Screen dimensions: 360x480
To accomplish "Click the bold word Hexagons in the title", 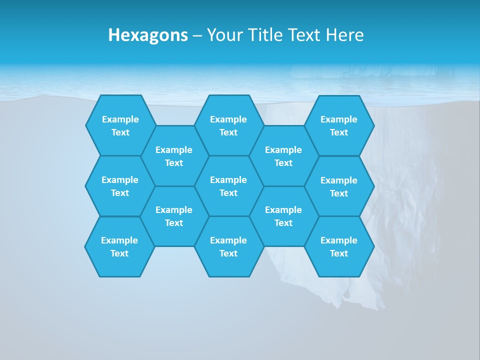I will click(148, 35).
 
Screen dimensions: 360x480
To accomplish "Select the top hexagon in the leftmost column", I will click(120, 125).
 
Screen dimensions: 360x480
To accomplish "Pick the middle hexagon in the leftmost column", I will click(120, 186).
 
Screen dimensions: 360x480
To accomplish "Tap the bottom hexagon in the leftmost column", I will click(119, 246).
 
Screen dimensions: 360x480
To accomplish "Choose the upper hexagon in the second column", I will click(174, 156).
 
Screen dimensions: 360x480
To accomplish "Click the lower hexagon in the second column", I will click(174, 216).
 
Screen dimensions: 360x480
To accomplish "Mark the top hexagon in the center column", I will click(228, 125).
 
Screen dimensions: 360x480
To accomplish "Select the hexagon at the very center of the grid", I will click(228, 186).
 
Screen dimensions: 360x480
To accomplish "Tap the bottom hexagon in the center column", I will click(228, 246).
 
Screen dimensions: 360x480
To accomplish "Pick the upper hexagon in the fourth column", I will click(283, 156).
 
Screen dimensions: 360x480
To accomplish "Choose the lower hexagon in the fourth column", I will click(283, 216).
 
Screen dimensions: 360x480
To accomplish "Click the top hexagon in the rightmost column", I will click(339, 125).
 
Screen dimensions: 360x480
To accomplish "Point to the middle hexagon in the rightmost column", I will click(339, 186).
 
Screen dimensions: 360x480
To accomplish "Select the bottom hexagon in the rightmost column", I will click(339, 246).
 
